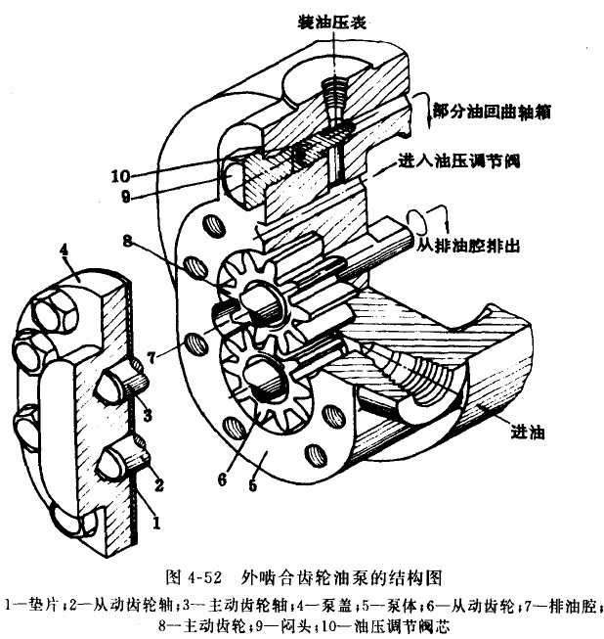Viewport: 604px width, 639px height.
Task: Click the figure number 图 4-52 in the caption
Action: [193, 570]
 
